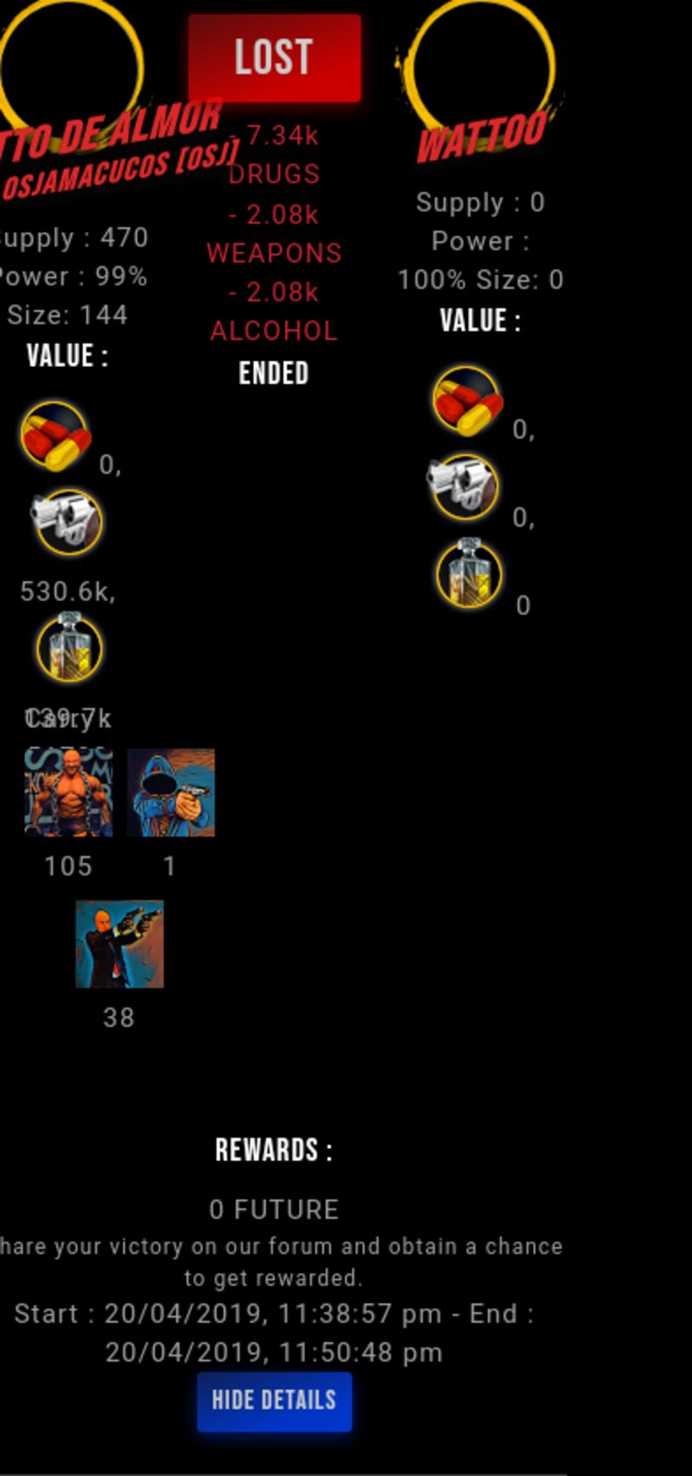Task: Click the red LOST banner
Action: coord(274,57)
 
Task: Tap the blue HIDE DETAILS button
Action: coord(274,1401)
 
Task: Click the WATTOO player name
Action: coord(481,136)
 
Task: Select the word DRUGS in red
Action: coord(274,174)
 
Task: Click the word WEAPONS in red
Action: coord(274,253)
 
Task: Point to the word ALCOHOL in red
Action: coord(274,330)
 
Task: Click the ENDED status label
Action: coord(274,373)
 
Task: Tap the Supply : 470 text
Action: coord(74,238)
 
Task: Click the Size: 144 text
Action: coord(67,315)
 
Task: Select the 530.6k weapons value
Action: coord(67,592)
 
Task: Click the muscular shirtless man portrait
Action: coord(68,793)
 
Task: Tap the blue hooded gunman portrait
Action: coord(171,793)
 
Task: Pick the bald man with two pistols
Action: coord(119,944)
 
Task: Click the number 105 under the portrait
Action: coord(68,866)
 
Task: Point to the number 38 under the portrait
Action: coord(119,1017)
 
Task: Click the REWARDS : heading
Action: coord(274,1151)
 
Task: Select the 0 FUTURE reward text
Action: coord(274,1210)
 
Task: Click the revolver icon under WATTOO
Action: coord(463,487)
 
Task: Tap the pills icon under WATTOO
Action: coord(467,400)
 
